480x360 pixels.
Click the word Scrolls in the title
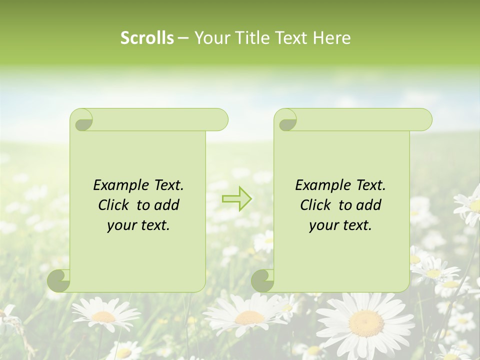(x=147, y=38)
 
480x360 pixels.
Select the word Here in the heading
(x=332, y=38)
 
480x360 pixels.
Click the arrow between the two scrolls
(x=237, y=199)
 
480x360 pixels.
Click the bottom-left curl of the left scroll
(x=59, y=280)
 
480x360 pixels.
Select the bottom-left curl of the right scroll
(x=262, y=280)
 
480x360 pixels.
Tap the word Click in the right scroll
(x=316, y=205)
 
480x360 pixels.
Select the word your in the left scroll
(x=122, y=225)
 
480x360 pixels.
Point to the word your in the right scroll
(x=324, y=225)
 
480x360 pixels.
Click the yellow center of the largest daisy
(x=366, y=323)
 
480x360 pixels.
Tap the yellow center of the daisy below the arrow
(x=249, y=317)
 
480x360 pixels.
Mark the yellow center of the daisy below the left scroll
(x=104, y=316)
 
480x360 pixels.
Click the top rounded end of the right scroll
(x=422, y=120)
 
